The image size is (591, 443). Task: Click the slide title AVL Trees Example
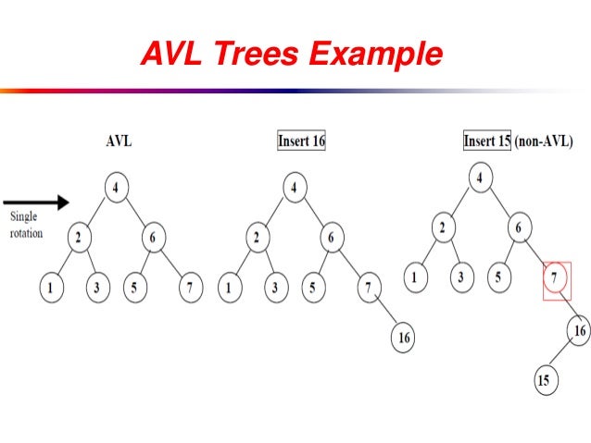[x=291, y=55]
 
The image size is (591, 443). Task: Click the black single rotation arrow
[x=36, y=201]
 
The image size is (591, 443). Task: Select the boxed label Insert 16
[x=302, y=142]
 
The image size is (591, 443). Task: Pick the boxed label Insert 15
[x=488, y=142]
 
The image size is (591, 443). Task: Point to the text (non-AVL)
[x=545, y=142]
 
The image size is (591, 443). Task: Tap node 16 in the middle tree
[x=404, y=338]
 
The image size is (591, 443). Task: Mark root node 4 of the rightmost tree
[x=480, y=177]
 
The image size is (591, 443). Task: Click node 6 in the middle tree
[x=331, y=237]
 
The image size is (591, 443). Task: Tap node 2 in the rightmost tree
[x=444, y=228]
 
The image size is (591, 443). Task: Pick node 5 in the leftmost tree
[x=134, y=287]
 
